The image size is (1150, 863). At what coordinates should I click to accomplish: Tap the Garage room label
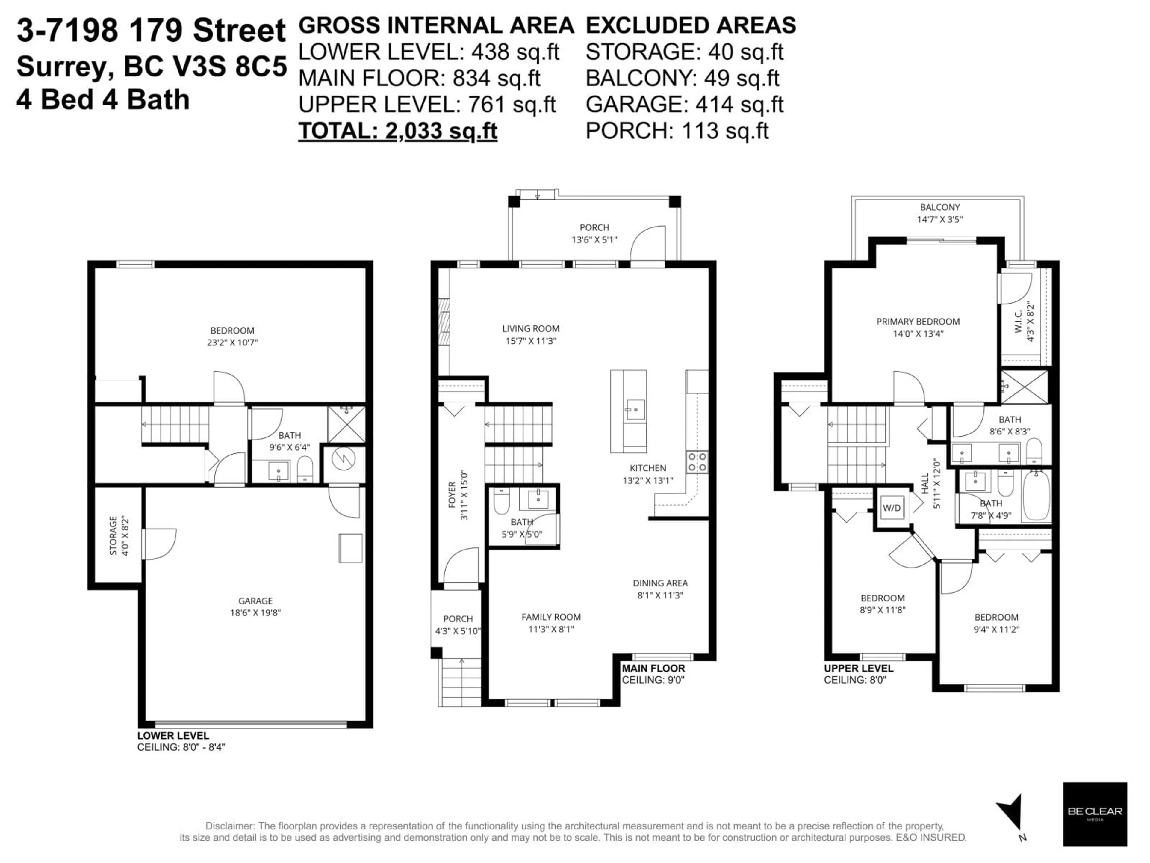[x=255, y=600]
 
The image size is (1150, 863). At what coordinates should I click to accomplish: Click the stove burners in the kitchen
[x=697, y=461]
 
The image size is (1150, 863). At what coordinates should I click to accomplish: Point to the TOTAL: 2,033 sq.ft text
[x=398, y=131]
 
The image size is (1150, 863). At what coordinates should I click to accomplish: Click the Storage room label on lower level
[x=113, y=536]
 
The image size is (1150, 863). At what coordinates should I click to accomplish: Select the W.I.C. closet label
[x=1019, y=322]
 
